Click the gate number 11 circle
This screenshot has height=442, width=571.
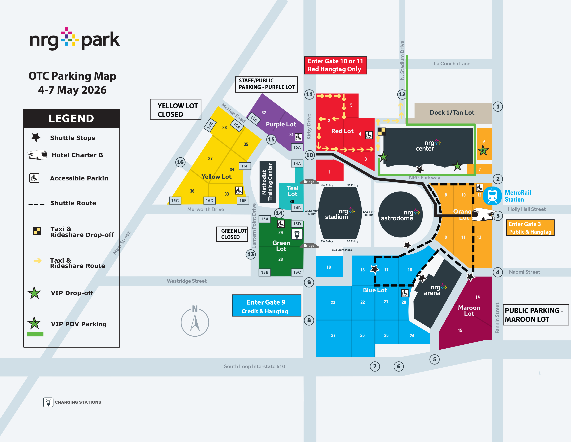click(309, 94)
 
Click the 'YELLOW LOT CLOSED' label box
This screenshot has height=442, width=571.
click(175, 109)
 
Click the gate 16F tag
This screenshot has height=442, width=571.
click(245, 166)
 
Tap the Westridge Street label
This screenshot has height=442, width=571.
click(187, 281)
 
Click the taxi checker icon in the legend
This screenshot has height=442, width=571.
click(37, 231)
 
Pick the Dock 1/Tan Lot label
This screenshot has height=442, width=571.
click(452, 113)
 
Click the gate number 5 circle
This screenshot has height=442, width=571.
click(434, 359)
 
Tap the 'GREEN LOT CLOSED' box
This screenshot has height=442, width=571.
click(232, 234)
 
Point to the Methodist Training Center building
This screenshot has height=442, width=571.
click(268, 182)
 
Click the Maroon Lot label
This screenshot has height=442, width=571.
click(469, 311)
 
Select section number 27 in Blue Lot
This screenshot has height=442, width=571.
click(333, 335)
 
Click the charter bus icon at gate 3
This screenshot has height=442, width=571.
click(482, 215)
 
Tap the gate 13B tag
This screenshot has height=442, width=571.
click(265, 272)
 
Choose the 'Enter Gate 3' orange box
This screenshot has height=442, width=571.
click(530, 228)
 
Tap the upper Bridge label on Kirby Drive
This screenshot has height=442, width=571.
click(309, 182)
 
